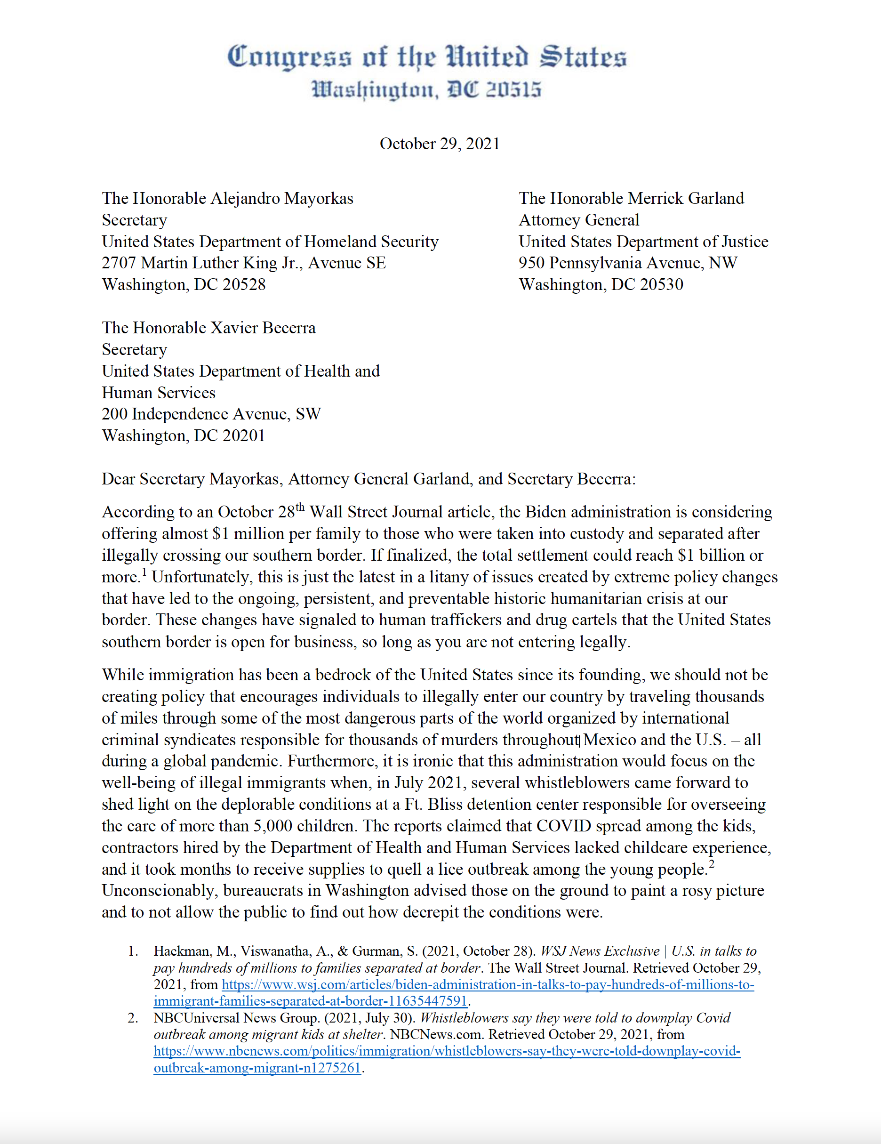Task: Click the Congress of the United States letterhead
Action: pos(426,57)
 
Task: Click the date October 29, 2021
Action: pos(440,144)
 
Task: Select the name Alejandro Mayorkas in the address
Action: pos(282,199)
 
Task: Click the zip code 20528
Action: pos(244,284)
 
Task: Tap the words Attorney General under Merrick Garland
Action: pos(579,220)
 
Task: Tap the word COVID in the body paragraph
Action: pos(564,826)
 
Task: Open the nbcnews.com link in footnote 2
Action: pos(446,1051)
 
